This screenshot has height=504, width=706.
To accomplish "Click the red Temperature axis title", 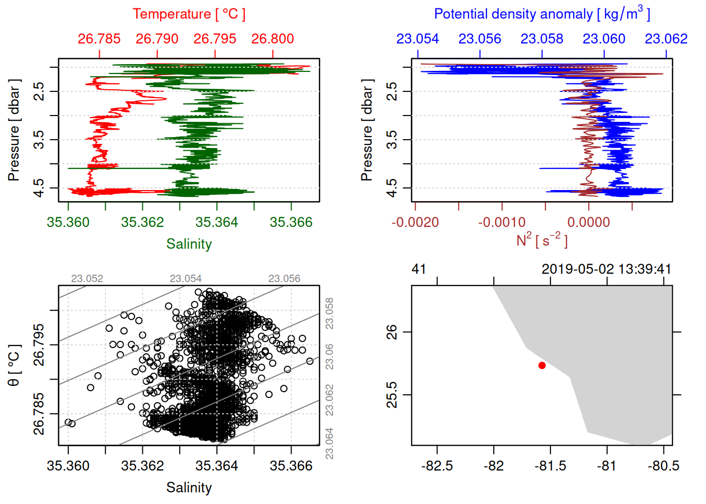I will (189, 14).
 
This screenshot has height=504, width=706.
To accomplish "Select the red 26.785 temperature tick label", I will (99, 39).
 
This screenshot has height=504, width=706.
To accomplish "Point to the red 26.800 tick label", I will (273, 39).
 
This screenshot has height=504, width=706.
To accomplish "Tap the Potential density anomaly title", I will (542, 14).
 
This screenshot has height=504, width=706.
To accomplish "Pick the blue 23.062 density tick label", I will (666, 39).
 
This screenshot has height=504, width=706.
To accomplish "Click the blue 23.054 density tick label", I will (418, 39).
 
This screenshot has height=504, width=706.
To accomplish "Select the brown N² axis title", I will (542, 240).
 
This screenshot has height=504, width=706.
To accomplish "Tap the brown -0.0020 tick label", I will (415, 222).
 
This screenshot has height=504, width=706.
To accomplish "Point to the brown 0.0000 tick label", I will (589, 222).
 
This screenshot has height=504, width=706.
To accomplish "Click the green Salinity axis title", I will (189, 244).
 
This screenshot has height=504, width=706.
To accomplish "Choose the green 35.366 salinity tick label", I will (291, 222).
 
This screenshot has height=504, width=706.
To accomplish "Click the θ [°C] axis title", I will (14, 365).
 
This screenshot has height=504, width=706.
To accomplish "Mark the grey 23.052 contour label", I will (87, 279).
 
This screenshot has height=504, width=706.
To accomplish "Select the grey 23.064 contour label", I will (329, 444).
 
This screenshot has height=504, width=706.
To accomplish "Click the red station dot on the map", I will (542, 365).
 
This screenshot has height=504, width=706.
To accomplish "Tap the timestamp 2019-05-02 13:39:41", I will (606, 269).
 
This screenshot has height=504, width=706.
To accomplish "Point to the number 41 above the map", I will (419, 269).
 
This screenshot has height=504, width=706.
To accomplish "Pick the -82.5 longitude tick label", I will (437, 466).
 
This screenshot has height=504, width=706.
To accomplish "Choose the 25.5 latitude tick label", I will (392, 395).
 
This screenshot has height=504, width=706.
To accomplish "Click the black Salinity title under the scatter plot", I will (189, 488).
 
